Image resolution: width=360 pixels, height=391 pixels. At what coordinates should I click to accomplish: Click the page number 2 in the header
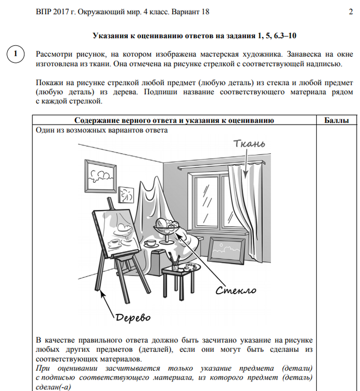(350, 11)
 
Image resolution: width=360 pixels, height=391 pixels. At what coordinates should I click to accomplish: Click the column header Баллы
(337, 120)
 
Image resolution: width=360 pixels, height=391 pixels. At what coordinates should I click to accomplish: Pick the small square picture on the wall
(127, 194)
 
